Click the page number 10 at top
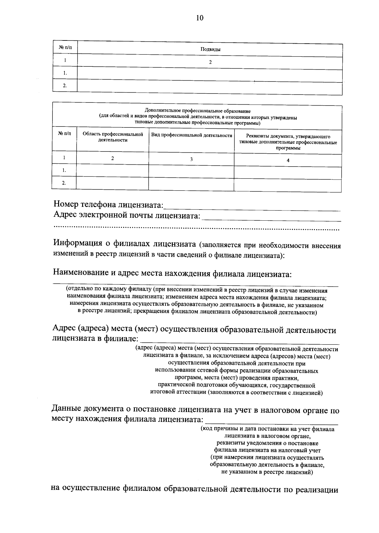[200, 18]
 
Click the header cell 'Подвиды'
[210, 49]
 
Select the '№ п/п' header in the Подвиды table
[65, 48]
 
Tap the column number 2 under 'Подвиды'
[210, 62]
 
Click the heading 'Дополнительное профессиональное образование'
[198, 111]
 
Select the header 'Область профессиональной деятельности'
[113, 137]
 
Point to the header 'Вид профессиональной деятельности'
[192, 135]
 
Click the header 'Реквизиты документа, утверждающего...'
[288, 142]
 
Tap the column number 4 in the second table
[288, 160]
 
